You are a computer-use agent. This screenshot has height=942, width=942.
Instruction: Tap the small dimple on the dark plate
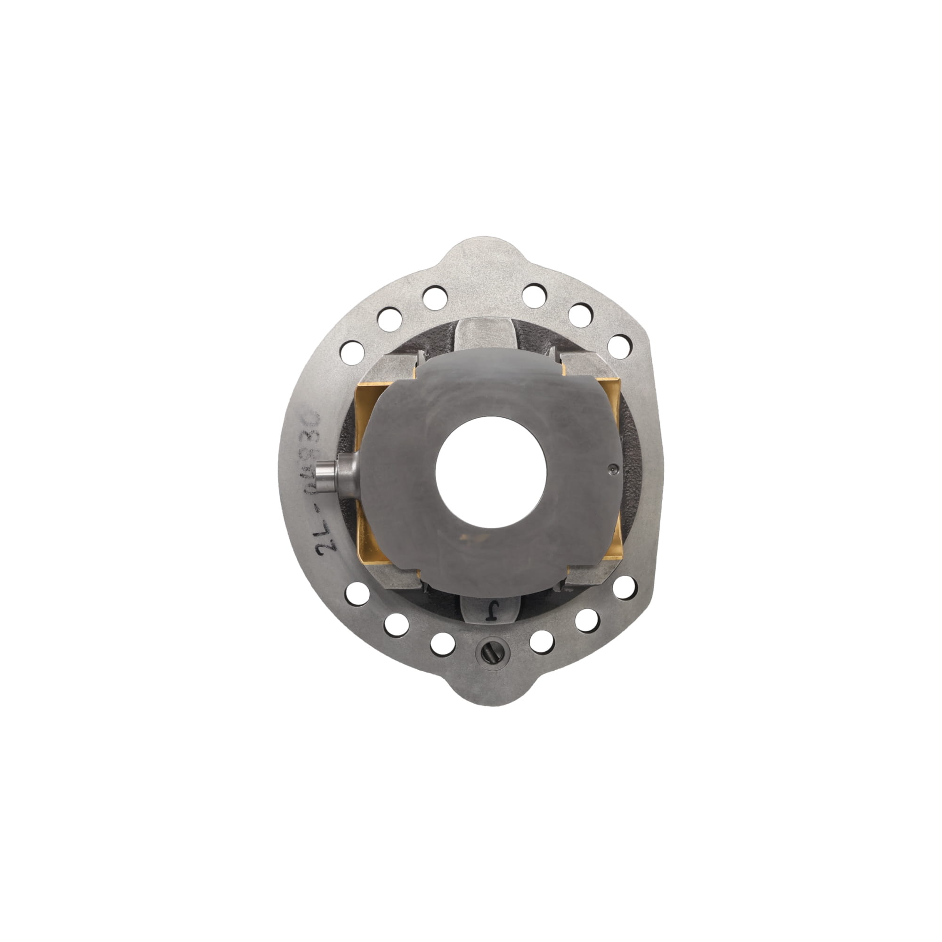pos(613,469)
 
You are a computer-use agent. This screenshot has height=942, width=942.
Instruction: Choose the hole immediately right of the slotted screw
pos(541,642)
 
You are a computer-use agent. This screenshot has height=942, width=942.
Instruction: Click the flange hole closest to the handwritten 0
pos(351,350)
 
